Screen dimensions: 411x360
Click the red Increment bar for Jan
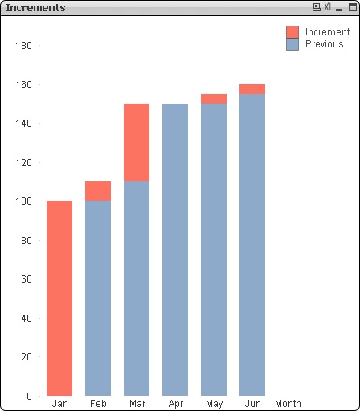[59, 298]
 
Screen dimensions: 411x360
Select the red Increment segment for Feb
[98, 191]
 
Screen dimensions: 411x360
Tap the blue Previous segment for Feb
[98, 298]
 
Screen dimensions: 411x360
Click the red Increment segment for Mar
[137, 142]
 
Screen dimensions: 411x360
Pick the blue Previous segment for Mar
[137, 288]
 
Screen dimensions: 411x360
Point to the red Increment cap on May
[214, 99]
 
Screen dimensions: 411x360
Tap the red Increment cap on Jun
[252, 89]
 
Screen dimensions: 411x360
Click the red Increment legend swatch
[292, 32]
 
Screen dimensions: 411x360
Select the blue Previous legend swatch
[292, 44]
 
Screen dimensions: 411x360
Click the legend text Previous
[325, 44]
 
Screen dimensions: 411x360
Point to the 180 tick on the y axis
[23, 46]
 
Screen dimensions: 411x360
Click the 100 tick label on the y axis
[23, 201]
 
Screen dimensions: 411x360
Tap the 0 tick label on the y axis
[28, 396]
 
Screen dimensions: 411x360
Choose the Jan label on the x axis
[59, 404]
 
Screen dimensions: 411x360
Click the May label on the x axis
[214, 404]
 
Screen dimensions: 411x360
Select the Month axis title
[288, 404]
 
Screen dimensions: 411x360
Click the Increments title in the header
[36, 7]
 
